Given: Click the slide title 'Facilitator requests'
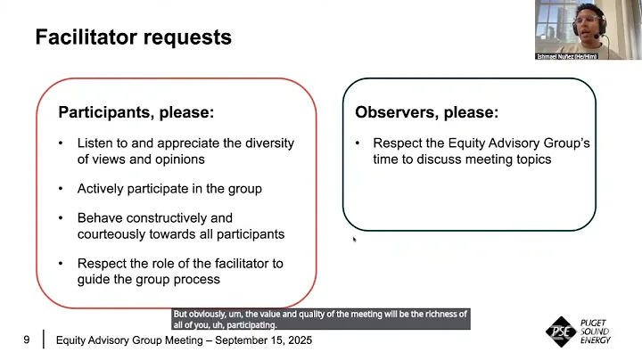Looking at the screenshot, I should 133,37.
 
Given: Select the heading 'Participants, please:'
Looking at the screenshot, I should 136,113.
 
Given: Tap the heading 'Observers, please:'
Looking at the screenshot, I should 426,113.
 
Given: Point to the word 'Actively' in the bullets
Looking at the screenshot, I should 101,189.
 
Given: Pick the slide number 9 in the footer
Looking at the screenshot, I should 27,340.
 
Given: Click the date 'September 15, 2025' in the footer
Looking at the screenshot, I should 264,340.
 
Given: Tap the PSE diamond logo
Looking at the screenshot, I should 561,331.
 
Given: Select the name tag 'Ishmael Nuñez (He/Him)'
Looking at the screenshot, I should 567,56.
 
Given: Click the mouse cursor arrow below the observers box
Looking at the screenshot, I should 355,239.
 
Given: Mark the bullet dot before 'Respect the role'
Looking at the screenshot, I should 61,264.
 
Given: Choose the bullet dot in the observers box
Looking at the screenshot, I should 357,143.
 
